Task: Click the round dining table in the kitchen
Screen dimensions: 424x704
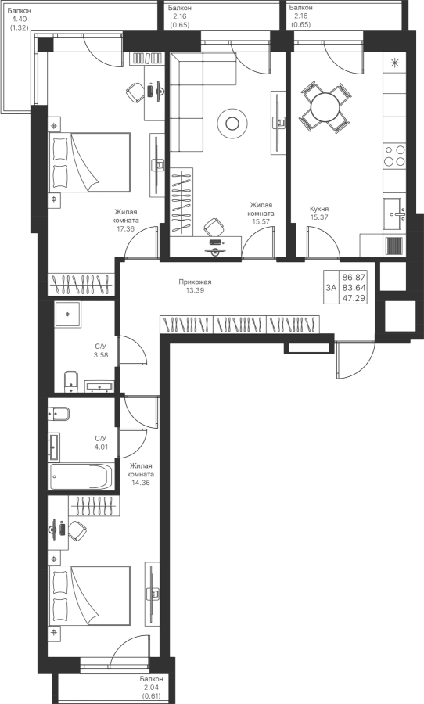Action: click(x=325, y=107)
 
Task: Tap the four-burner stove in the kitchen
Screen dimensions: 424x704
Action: click(x=395, y=156)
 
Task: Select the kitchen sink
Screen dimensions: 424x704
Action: click(x=395, y=214)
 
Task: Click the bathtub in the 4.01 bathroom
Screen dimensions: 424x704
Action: click(x=81, y=476)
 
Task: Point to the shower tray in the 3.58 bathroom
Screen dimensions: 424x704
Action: click(x=68, y=314)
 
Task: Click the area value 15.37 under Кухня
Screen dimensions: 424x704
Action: click(x=318, y=217)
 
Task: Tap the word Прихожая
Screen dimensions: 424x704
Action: click(x=195, y=282)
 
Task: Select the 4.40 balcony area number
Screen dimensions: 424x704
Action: click(x=19, y=19)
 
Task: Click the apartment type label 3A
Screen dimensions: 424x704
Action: click(x=331, y=288)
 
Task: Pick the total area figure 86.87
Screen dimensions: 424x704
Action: click(x=354, y=278)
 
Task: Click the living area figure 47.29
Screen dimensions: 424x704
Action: click(x=354, y=298)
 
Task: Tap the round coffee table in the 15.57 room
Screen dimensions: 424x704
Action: click(x=232, y=122)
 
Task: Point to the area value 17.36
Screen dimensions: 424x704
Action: click(x=126, y=228)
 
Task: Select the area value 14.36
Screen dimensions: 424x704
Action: click(x=140, y=483)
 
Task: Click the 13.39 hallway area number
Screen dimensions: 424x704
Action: click(x=195, y=290)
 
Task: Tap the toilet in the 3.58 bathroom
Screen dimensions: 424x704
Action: click(x=71, y=381)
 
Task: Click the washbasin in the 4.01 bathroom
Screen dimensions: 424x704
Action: click(x=54, y=447)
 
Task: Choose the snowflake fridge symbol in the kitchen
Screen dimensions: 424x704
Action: click(x=395, y=63)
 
